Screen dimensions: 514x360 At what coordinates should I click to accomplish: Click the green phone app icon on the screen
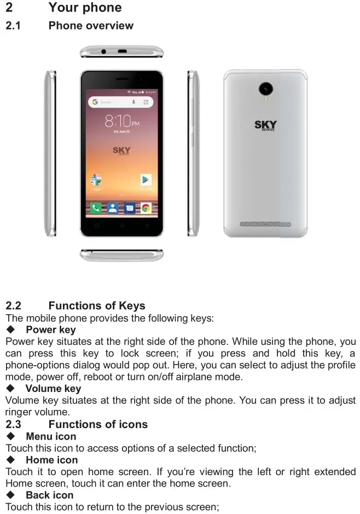point(96,208)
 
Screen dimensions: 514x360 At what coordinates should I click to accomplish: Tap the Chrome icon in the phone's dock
point(146,208)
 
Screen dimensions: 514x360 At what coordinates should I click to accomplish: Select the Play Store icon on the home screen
point(146,180)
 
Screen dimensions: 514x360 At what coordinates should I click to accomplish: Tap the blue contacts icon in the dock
point(112,208)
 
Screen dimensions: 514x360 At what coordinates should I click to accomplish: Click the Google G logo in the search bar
point(95,102)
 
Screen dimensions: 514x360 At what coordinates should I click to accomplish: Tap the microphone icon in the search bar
point(133,102)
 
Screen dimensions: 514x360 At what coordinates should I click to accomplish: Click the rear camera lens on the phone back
point(266,88)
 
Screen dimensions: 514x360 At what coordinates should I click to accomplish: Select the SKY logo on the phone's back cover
point(266,125)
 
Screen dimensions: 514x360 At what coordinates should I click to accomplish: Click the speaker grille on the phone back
point(266,224)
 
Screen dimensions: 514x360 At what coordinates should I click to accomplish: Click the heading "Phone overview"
point(91,26)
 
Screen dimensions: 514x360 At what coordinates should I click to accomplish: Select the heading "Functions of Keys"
point(97,305)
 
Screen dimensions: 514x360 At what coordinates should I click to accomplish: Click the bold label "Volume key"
point(53,389)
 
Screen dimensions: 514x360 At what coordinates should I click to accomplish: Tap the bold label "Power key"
point(51,330)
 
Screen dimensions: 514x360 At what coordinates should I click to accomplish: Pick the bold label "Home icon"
point(51,460)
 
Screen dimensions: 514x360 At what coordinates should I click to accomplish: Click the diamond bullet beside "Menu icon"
point(10,436)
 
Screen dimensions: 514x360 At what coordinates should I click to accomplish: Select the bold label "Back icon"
point(49,495)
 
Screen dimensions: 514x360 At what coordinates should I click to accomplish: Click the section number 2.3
point(14,424)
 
